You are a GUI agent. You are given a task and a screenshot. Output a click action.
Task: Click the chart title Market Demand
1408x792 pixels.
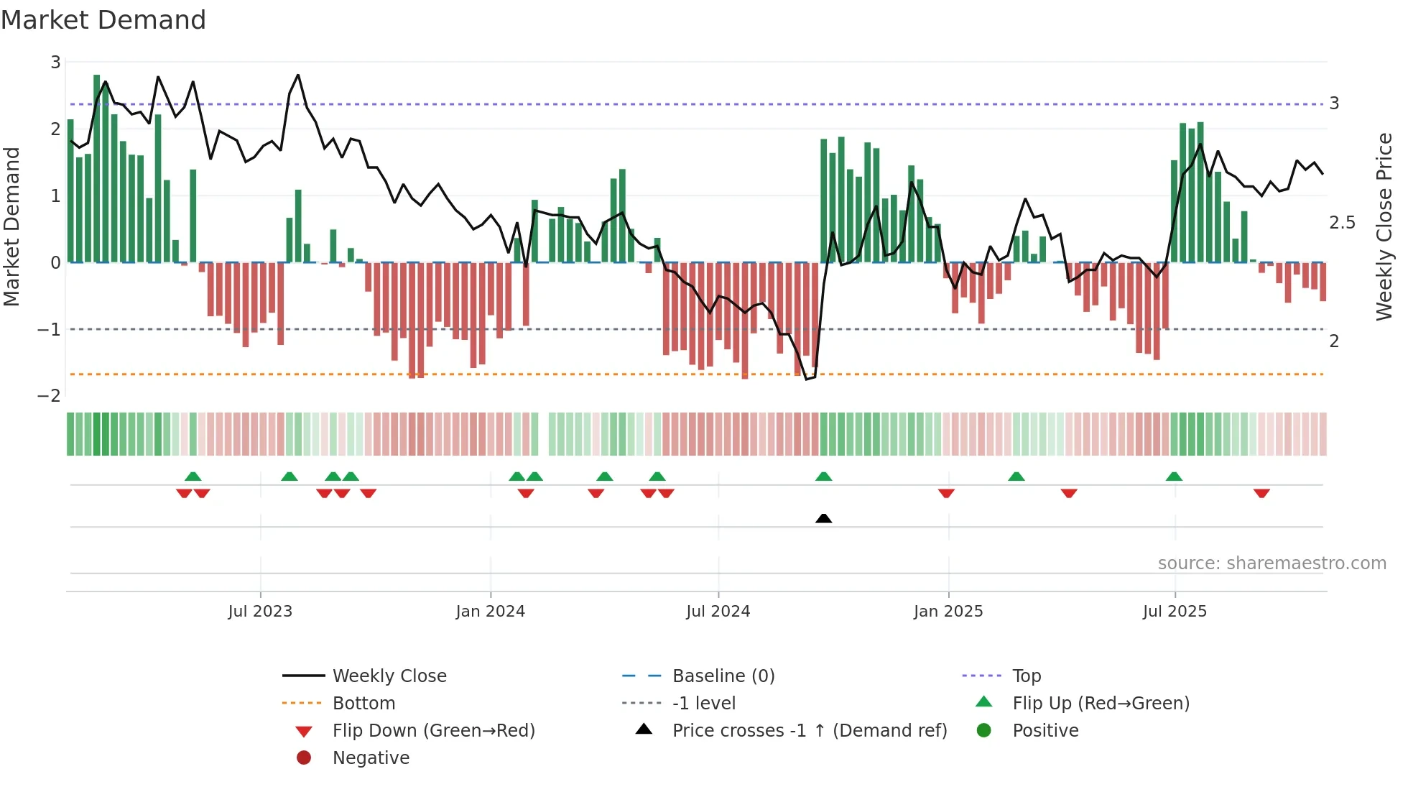pos(103,20)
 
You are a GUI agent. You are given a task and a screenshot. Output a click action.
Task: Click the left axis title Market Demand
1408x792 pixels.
pos(12,227)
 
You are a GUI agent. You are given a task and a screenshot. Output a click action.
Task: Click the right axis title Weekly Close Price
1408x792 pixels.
pos(1384,227)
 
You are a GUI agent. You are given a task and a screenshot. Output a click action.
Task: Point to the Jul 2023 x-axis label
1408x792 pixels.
pos(260,612)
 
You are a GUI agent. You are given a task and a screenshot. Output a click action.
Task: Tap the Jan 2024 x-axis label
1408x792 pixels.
pos(490,612)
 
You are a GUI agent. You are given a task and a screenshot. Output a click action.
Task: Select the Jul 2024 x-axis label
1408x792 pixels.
pos(718,612)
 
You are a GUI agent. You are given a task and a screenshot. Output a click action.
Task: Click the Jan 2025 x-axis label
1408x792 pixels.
pos(948,612)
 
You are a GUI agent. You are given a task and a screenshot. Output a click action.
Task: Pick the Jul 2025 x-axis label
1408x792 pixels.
pos(1175,612)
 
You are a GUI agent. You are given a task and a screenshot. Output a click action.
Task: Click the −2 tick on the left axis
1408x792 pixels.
pos(49,396)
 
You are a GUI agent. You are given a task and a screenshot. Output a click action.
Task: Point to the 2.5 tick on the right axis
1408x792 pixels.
pos(1342,223)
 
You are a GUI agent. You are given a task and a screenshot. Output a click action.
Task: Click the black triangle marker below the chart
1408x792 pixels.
pos(823,518)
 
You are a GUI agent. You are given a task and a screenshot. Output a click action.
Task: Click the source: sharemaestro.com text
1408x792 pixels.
pos(1272,563)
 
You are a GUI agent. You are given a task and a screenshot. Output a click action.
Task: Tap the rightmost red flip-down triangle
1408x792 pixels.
pos(1261,493)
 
